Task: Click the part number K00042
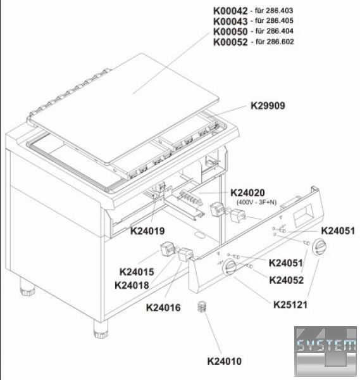[x=230, y=11]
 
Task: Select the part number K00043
[x=230, y=22]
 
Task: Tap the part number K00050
[x=230, y=32]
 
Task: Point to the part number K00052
[x=230, y=42]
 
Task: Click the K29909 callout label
[x=268, y=106]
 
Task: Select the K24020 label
[x=247, y=193]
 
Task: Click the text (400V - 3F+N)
[x=256, y=202]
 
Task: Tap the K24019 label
[x=147, y=231]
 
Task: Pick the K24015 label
[x=137, y=272]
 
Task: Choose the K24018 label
[x=132, y=285]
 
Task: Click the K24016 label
[x=163, y=308]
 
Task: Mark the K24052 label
[x=287, y=280]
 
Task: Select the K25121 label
[x=290, y=305]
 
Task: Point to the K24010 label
[x=225, y=361]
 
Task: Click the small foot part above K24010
[x=202, y=307]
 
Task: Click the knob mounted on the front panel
[x=230, y=267]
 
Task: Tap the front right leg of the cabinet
[x=101, y=329]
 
